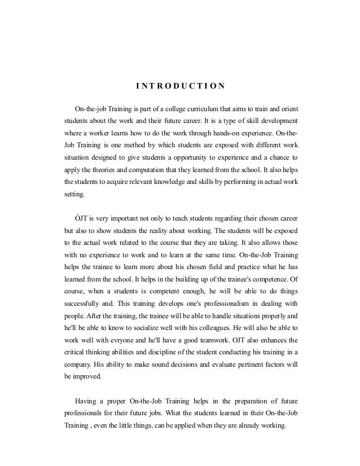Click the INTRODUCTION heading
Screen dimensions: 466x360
point(180,86)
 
